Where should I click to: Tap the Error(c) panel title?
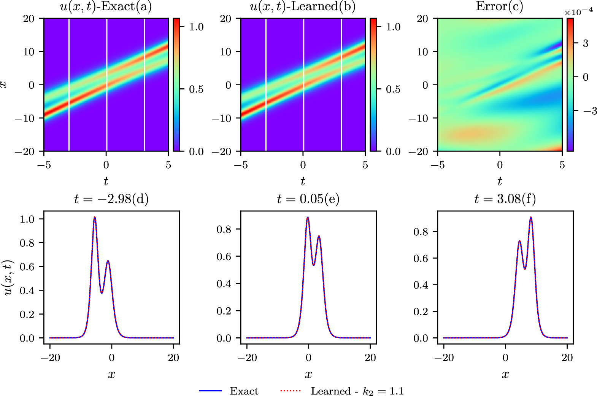pyautogui.click(x=499, y=6)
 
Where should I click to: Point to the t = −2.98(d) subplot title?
pyautogui.click(x=111, y=199)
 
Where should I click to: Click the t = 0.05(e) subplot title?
pyautogui.click(x=308, y=199)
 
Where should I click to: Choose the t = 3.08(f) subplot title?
pyautogui.click(x=505, y=199)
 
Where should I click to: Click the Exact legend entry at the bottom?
pyautogui.click(x=244, y=391)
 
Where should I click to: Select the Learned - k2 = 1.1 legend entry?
pyautogui.click(x=357, y=391)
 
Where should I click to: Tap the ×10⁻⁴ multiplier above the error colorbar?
pyautogui.click(x=578, y=12)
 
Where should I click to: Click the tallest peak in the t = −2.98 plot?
pyautogui.click(x=95, y=217)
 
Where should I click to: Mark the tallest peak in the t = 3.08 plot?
pyautogui.click(x=531, y=218)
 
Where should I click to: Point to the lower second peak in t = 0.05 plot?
pyautogui.click(x=319, y=236)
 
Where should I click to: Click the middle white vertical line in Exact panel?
pyautogui.click(x=106, y=85)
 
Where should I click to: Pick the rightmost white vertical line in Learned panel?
pyautogui.click(x=341, y=85)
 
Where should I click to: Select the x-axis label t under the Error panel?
pyautogui.click(x=500, y=181)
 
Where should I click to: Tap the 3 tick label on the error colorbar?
pyautogui.click(x=586, y=43)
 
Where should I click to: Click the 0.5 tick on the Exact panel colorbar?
pyautogui.click(x=196, y=89)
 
